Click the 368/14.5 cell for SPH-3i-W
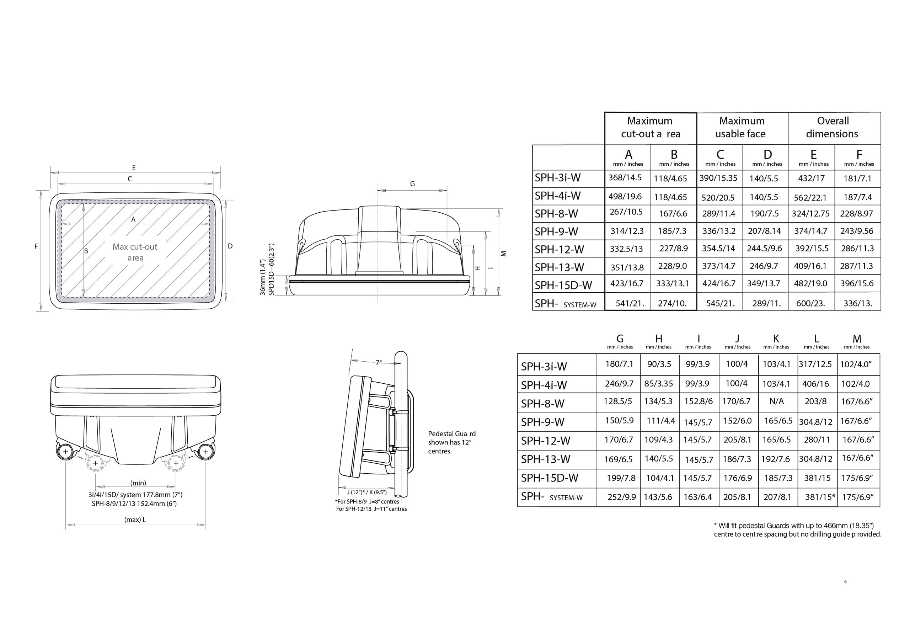pos(625,178)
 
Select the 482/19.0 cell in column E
pos(810,283)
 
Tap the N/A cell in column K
pos(776,401)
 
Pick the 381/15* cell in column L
pos(820,497)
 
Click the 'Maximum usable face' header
pos(742,127)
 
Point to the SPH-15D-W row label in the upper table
pos(563,285)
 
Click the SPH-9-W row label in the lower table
pos(542,422)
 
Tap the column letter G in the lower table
pos(620,339)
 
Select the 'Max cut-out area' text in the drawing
pos(135,252)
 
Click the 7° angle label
pos(379,362)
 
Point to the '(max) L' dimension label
pos(135,520)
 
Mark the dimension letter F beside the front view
pos(36,246)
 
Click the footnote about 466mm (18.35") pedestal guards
pos(797,530)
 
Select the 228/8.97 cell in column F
pos(856,214)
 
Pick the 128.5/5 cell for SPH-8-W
pos(618,401)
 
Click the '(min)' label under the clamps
pos(138,483)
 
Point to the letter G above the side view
pos(413,183)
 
